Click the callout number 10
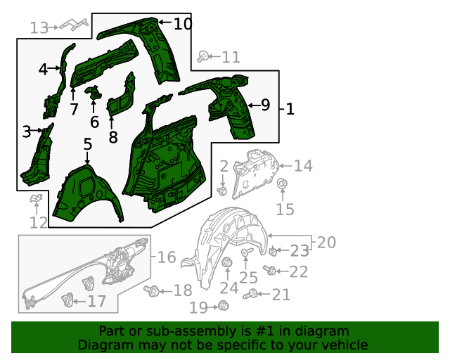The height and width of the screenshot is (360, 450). click(183, 23)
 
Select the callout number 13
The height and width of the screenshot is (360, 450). click(39, 28)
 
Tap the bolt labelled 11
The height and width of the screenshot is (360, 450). click(203, 56)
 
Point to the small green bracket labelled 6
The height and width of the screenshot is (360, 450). click(93, 92)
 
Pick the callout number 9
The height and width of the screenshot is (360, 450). click(265, 105)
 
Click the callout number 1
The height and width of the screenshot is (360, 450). click(290, 110)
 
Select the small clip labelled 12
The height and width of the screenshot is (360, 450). click(36, 198)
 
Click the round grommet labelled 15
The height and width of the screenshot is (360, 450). click(283, 183)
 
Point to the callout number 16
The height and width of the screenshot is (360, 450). click(167, 257)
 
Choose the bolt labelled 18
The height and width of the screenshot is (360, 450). click(152, 291)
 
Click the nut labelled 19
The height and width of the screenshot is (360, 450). click(223, 305)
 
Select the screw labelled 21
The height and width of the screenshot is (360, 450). click(250, 295)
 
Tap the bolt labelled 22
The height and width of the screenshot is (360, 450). click(270, 269)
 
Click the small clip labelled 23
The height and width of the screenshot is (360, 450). click(273, 252)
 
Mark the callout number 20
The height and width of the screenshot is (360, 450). click(326, 243)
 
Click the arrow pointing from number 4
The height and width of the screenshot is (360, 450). click(54, 68)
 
